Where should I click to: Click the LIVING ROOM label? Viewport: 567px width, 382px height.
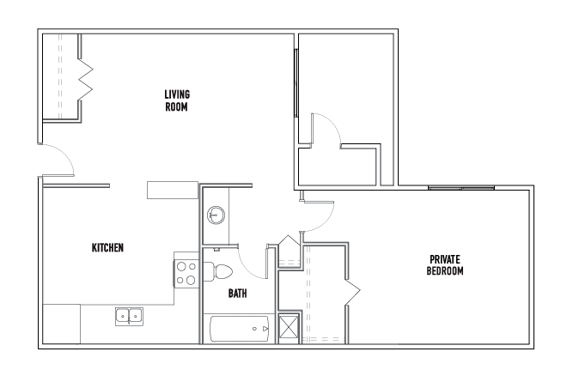[x=177, y=100]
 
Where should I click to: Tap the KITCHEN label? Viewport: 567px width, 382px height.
[x=107, y=247]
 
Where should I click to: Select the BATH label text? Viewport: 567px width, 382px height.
[x=238, y=293]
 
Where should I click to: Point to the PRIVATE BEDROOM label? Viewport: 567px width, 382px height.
[x=445, y=265]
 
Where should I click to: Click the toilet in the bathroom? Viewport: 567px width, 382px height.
[x=218, y=272]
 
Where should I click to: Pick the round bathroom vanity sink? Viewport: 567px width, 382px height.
[x=216, y=215]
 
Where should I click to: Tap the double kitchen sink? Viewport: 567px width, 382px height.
[x=129, y=317]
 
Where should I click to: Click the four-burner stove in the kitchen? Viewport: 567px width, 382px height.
[x=186, y=275]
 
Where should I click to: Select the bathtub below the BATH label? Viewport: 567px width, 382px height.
[x=240, y=329]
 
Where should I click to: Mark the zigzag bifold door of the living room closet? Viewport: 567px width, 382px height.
[x=85, y=79]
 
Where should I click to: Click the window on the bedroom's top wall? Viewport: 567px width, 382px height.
[x=461, y=188]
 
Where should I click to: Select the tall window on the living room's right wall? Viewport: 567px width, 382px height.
[x=296, y=83]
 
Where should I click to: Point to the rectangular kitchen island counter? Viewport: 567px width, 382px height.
[x=173, y=190]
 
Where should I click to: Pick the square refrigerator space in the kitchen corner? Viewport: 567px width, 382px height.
[x=62, y=324]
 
